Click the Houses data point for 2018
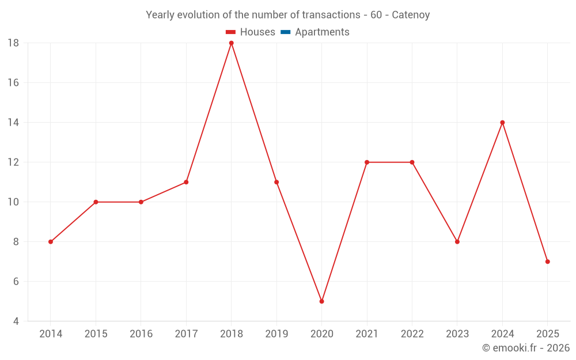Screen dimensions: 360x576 [x=232, y=43]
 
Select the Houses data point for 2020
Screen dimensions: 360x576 [x=321, y=301]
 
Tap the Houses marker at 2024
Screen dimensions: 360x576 [x=502, y=123]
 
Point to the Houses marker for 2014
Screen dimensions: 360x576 [x=51, y=242]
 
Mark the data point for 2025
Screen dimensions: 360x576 [x=547, y=262]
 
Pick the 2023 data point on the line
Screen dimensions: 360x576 [x=457, y=242]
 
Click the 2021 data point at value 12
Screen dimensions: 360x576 [x=367, y=162]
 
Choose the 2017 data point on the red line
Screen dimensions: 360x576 [x=186, y=182]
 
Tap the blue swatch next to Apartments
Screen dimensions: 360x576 [x=285, y=32]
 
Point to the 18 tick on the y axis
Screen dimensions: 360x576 [x=13, y=43]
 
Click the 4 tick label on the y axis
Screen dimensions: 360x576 [x=16, y=321]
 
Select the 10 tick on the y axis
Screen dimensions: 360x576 [x=13, y=202]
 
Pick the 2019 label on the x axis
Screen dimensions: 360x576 [x=276, y=334]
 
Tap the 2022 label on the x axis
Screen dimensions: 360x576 [x=412, y=334]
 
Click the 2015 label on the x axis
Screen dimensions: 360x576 [x=96, y=334]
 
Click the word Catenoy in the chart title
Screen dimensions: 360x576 [x=411, y=15]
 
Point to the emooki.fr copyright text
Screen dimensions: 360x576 [x=525, y=348]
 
